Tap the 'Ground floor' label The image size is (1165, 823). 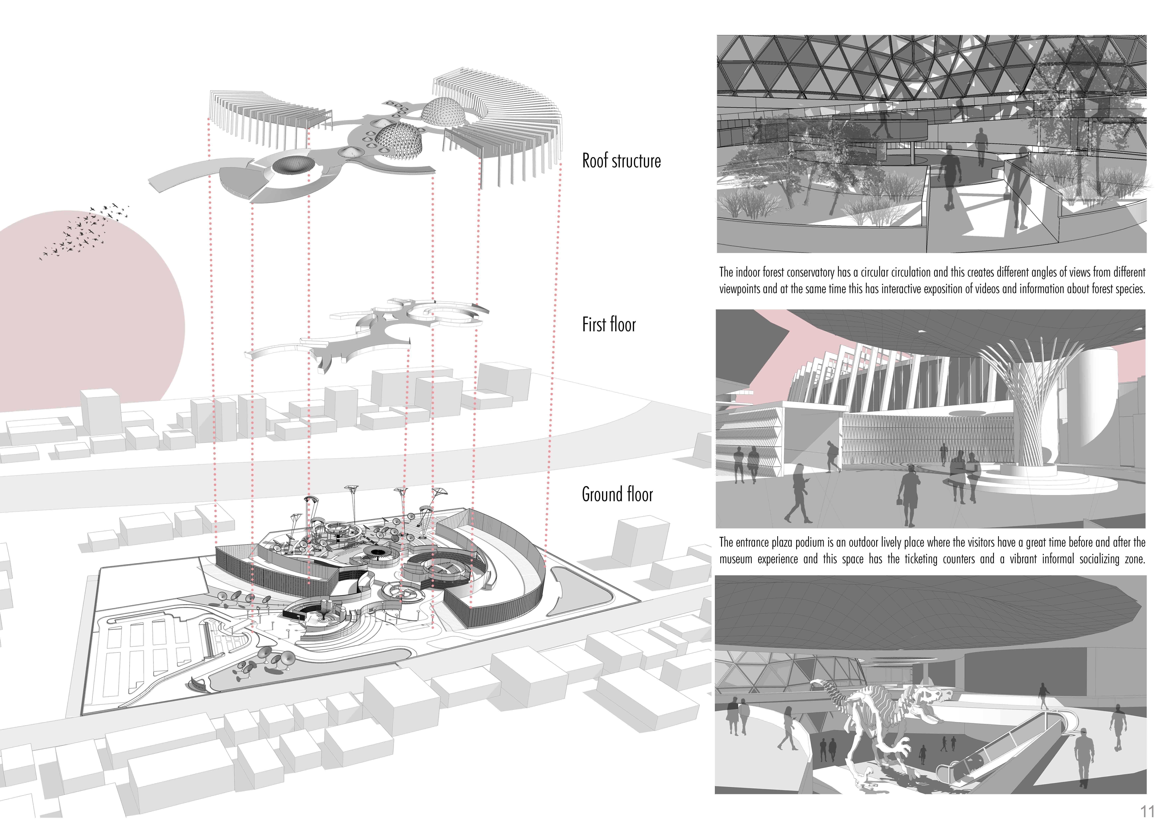[x=617, y=494]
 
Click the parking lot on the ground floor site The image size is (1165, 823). [x=147, y=654]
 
